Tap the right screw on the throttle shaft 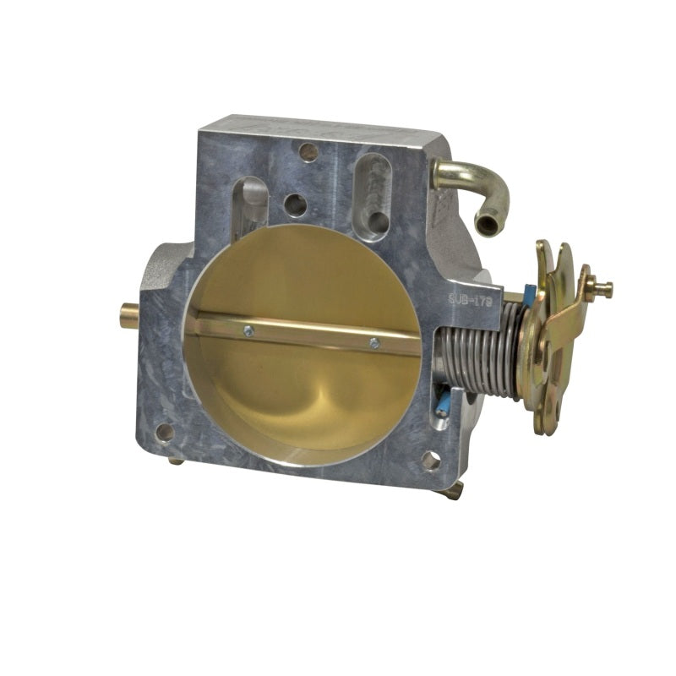pyautogui.click(x=373, y=342)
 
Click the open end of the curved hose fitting pyautogui.click(x=488, y=224)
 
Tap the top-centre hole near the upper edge pyautogui.click(x=308, y=152)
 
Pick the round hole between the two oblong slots pyautogui.click(x=296, y=204)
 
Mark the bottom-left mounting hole pyautogui.click(x=166, y=432)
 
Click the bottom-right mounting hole pyautogui.click(x=430, y=461)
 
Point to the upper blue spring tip pyautogui.click(x=528, y=294)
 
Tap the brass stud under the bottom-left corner pyautogui.click(x=176, y=460)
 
